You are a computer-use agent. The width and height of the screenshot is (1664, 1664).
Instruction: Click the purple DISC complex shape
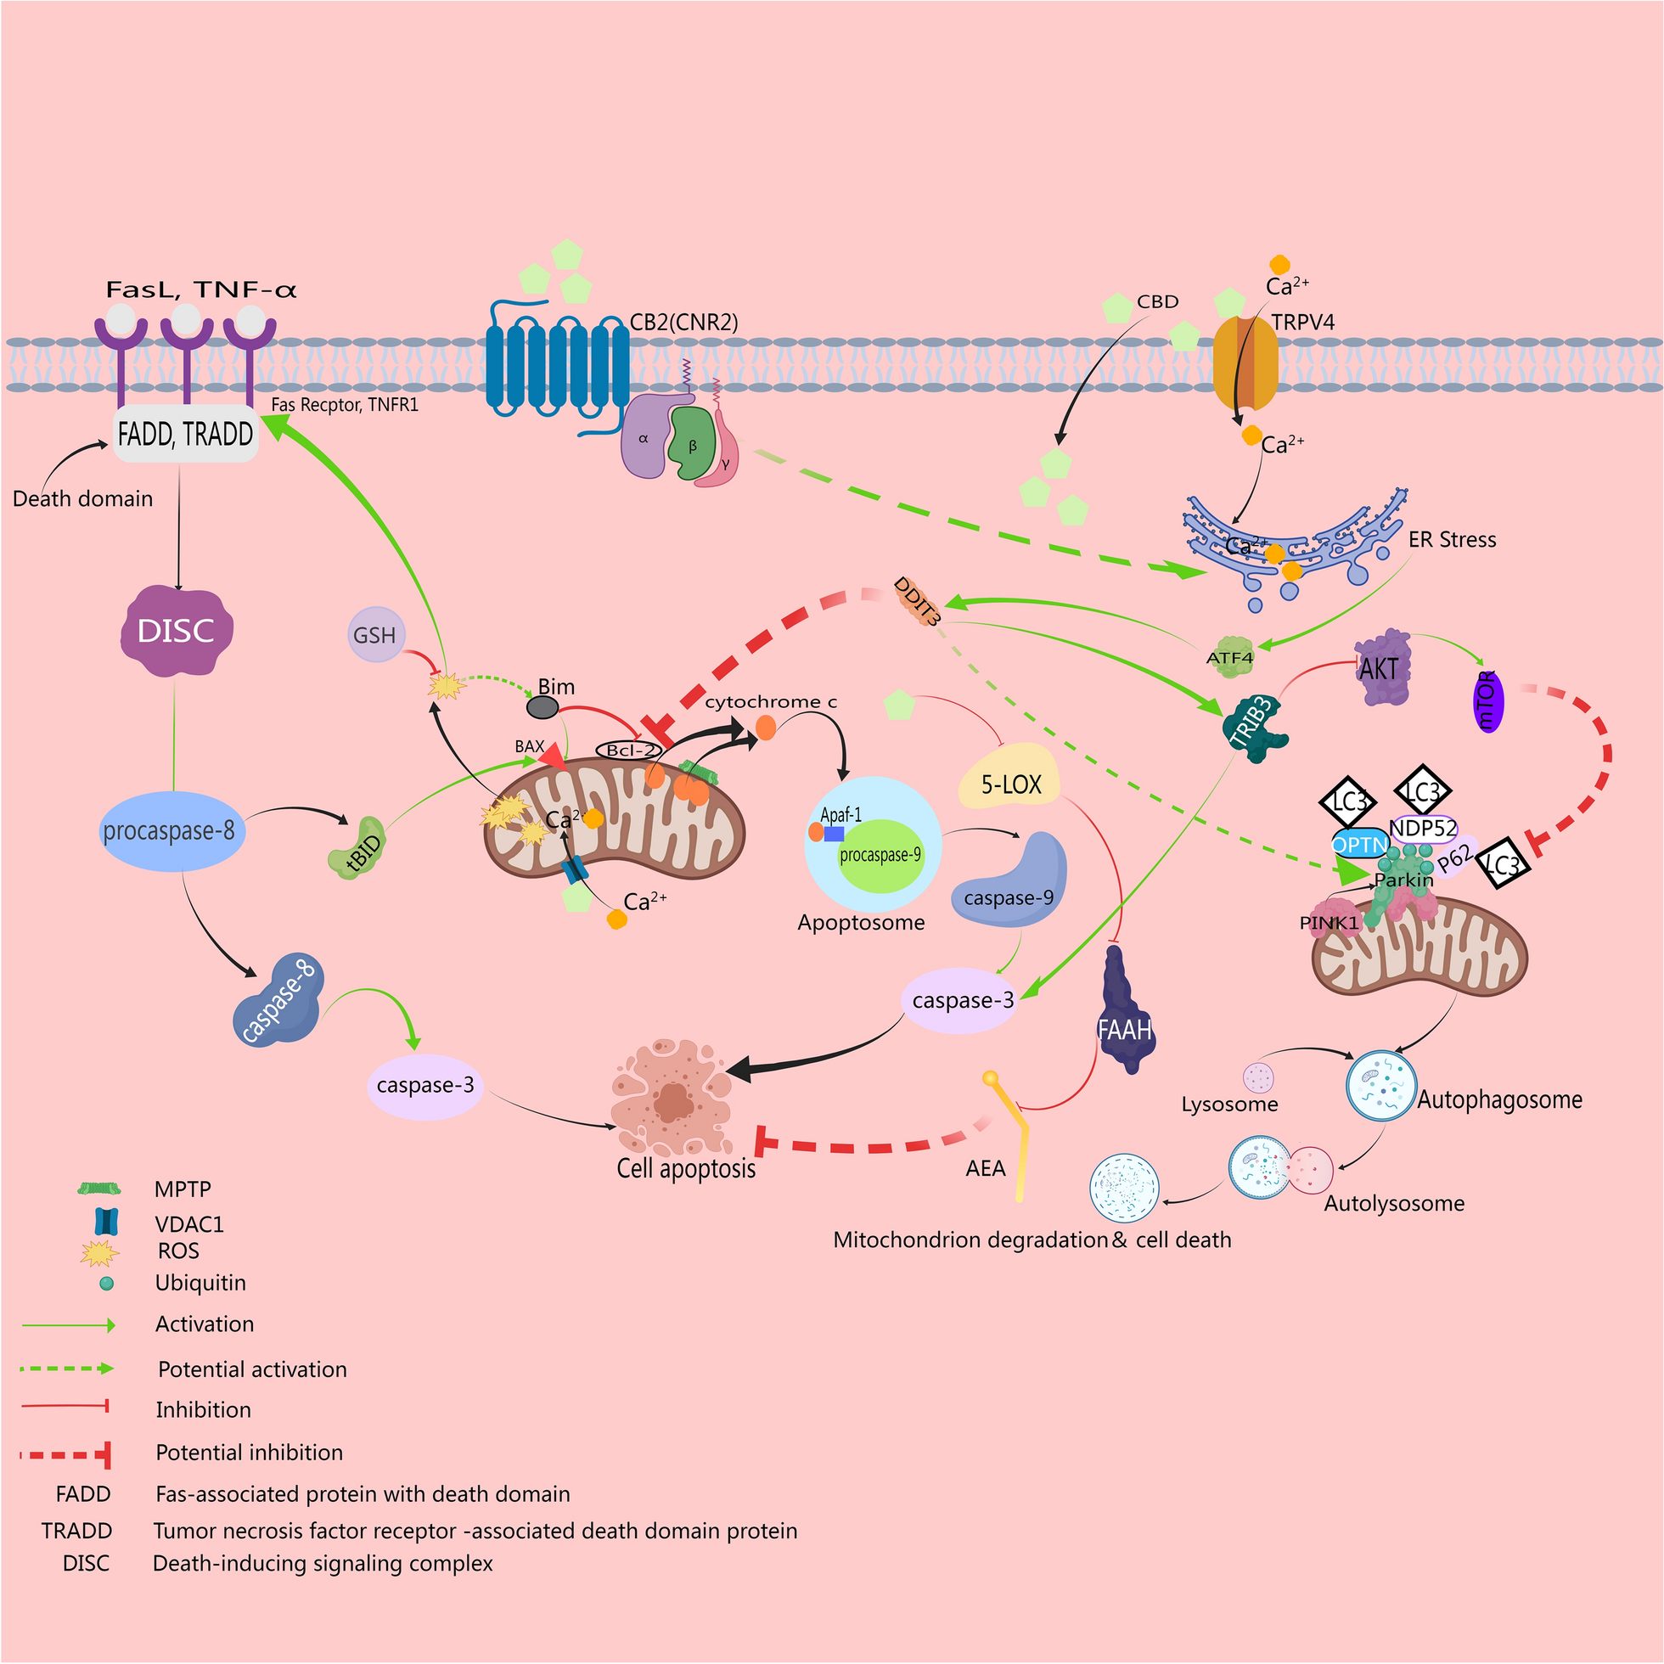[177, 631]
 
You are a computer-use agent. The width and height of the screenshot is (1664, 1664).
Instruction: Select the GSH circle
[374, 635]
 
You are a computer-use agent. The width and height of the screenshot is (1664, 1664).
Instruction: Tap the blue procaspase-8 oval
[170, 831]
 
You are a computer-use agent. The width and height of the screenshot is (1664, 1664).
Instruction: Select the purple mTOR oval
[1487, 701]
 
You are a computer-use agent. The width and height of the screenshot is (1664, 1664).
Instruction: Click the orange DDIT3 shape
[917, 600]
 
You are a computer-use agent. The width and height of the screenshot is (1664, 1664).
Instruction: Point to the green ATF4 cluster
[1230, 656]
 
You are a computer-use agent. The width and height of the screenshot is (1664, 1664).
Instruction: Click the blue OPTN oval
[1360, 845]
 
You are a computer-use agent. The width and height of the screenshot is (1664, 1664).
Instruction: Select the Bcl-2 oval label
[630, 750]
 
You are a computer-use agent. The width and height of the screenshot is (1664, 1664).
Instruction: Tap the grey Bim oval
[542, 708]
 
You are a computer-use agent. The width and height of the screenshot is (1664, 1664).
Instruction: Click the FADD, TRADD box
[185, 434]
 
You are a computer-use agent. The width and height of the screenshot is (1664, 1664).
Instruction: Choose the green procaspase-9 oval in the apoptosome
[880, 855]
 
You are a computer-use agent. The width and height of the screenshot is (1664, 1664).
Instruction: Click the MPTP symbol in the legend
[99, 1189]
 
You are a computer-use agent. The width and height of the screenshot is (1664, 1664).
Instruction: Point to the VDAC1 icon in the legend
[106, 1223]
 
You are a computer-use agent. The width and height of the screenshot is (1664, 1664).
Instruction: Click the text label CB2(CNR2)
[684, 322]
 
